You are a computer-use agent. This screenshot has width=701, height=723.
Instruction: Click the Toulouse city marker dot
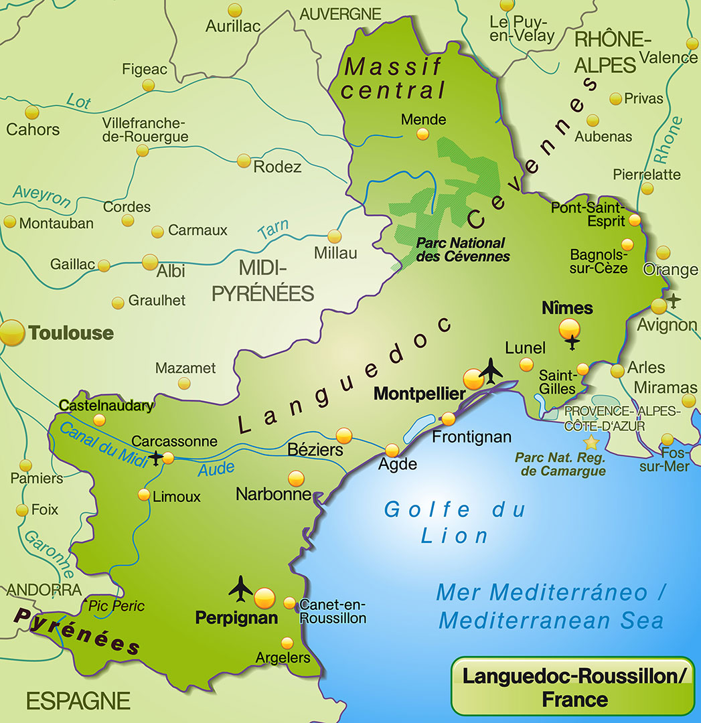click(11, 333)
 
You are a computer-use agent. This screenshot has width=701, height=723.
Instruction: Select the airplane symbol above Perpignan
click(240, 588)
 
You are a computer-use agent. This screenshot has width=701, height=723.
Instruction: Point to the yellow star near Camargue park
click(591, 442)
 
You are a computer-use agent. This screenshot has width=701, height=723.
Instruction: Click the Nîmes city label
click(567, 308)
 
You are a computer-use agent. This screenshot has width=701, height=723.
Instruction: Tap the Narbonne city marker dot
click(296, 479)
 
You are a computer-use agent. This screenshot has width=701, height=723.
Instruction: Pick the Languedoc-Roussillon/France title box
click(572, 687)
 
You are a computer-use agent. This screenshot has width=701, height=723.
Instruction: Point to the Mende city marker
click(422, 134)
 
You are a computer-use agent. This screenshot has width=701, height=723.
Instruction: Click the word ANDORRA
click(44, 590)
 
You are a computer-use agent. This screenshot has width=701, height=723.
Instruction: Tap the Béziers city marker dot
click(344, 435)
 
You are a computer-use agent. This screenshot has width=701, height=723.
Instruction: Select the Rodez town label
click(277, 167)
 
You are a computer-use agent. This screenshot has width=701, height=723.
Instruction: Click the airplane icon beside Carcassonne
click(156, 459)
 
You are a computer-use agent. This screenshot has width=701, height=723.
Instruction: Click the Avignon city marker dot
click(659, 306)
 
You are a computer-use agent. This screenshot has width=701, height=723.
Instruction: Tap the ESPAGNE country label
click(78, 701)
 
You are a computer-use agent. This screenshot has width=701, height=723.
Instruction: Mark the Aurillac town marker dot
click(234, 10)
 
